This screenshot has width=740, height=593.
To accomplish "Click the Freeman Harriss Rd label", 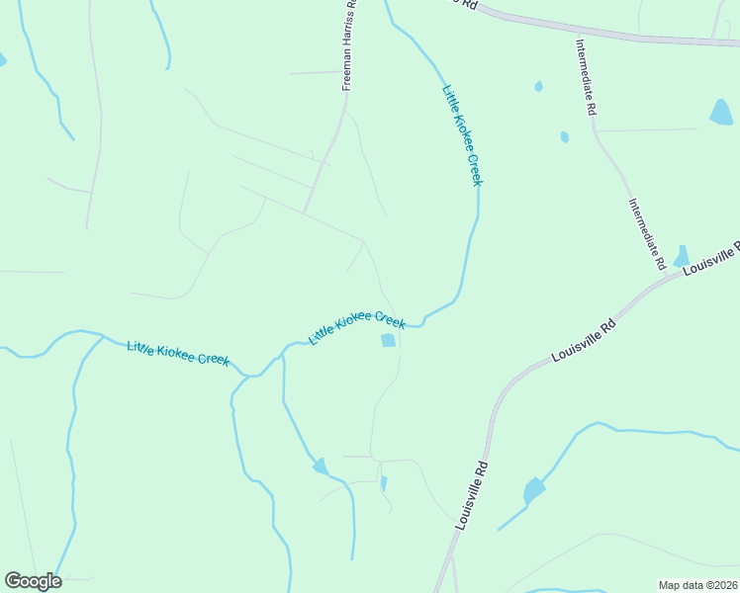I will tap(348, 46).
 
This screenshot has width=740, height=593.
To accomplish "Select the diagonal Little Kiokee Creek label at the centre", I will tap(356, 326).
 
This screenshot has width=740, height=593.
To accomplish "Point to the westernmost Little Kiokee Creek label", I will tap(178, 353).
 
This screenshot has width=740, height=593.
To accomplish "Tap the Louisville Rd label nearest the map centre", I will tap(584, 340).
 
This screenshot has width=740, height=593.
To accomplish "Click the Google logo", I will tap(33, 581).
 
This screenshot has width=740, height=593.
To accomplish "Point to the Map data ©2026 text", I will tap(696, 585).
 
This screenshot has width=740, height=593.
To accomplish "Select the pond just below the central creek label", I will tap(388, 341).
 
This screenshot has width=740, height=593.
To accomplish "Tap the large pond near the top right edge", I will tap(721, 113).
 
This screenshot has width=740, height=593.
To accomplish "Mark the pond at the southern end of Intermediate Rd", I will tap(682, 257).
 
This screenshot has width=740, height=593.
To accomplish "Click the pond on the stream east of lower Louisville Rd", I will tap(534, 489).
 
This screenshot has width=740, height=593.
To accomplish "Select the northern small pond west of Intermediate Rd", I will tap(538, 87).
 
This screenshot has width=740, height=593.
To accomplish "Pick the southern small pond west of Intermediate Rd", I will tap(564, 137).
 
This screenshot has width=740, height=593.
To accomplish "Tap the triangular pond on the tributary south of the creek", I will tap(321, 466).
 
